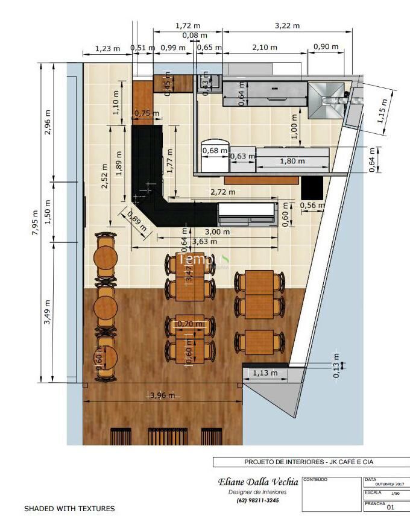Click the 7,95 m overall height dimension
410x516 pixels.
pos(35,222)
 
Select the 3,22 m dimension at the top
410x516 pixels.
pos(287,26)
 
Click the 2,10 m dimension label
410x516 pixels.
pos(265,47)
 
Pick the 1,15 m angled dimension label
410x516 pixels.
pos(381,112)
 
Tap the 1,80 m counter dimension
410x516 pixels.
pos(292,161)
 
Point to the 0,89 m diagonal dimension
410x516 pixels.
pos(136,221)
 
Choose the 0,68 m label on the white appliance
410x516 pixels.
pos(215,150)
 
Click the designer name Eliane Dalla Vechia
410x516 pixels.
pos(257,482)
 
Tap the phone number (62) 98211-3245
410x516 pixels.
pos(257,500)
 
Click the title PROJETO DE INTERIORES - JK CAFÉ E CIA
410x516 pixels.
pos(309,462)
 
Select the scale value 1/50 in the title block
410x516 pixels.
pos(396,493)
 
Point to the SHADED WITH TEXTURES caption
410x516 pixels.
pos(69,509)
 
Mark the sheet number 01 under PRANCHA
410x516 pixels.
pos(390,508)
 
